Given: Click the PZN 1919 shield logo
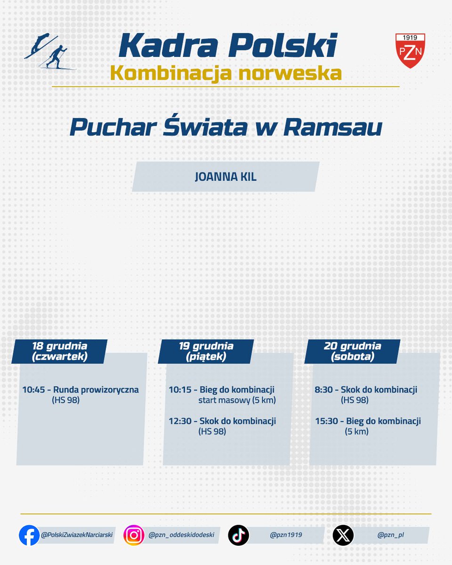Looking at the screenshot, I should coord(410,50).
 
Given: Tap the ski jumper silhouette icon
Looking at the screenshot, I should coord(40,45).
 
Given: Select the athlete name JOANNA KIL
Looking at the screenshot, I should coord(226,177).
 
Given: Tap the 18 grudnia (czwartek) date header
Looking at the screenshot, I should coord(60,352).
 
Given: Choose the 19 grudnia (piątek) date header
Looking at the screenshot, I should coord(206,352).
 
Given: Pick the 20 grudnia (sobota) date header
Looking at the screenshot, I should coord(352,352).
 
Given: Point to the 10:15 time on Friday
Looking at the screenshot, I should coord(179,390).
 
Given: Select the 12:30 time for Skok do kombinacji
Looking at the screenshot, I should coord(179,421).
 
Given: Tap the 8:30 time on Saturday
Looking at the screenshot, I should coord(324,390).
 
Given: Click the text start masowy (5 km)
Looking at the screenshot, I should coord(237,401).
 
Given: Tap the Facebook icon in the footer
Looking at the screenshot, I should coord(29,535).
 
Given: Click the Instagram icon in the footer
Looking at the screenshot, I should coord(134,535).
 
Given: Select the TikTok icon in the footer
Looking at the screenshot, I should coord(238,535).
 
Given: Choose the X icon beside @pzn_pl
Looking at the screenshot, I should coord(343,535).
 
